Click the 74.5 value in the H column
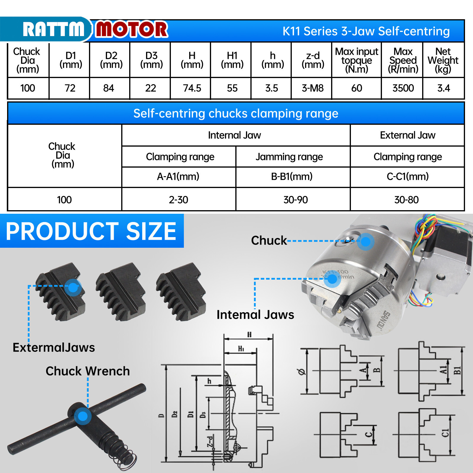(x=192, y=88)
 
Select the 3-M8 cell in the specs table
(x=312, y=88)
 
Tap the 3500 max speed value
(x=403, y=88)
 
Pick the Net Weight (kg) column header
(x=443, y=60)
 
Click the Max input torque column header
(x=357, y=60)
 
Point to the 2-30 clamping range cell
(x=178, y=200)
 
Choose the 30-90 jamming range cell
(x=295, y=200)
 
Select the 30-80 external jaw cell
(x=406, y=200)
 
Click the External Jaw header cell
(x=407, y=135)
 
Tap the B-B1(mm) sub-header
(x=292, y=176)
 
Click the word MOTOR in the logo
(x=132, y=29)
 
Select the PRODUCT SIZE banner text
(x=91, y=231)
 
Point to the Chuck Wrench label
(x=88, y=371)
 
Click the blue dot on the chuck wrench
(x=82, y=416)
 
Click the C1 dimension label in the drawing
(x=445, y=433)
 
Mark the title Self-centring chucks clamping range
(x=236, y=114)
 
